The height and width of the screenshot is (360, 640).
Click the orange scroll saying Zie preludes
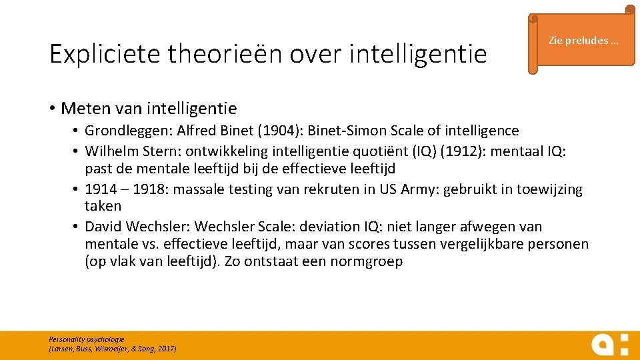583,41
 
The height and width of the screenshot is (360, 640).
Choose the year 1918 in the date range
151,189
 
